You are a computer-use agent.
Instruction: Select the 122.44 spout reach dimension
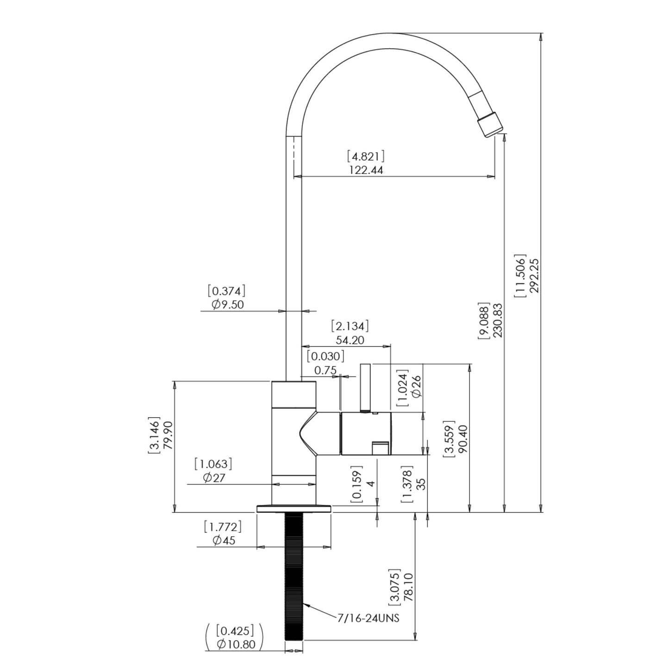367,170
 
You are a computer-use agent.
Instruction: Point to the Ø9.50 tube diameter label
228,305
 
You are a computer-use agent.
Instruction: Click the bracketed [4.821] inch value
366,156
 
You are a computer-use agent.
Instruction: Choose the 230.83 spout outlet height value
498,320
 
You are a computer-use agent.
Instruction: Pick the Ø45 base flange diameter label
224,540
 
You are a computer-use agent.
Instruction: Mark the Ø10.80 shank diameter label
236,644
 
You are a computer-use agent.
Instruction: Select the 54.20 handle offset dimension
350,340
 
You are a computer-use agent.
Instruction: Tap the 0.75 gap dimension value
325,370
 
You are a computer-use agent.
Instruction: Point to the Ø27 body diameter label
214,478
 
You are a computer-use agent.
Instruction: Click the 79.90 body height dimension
168,435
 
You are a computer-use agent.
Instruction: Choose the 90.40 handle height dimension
463,438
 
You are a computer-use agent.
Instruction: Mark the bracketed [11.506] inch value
520,275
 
